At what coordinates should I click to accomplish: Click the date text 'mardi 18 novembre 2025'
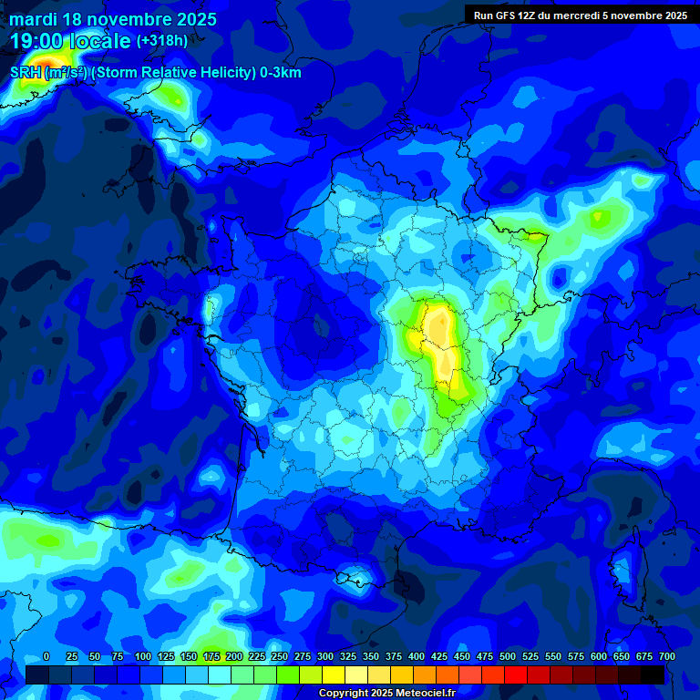113,19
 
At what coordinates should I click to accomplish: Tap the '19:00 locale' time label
70,41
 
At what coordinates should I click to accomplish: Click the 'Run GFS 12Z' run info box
581,15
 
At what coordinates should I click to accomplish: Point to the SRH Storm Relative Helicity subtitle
156,73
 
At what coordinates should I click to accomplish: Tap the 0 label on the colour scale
46,657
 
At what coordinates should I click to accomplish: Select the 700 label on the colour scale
666,657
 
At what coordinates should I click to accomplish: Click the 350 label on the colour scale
371,657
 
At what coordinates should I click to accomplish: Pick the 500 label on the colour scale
508,657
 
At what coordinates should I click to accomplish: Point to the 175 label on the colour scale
211,657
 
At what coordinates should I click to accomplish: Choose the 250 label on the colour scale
280,657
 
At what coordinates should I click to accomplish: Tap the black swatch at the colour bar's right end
653,674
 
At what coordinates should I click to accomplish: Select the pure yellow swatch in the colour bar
334,674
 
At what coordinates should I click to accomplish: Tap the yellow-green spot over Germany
598,217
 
